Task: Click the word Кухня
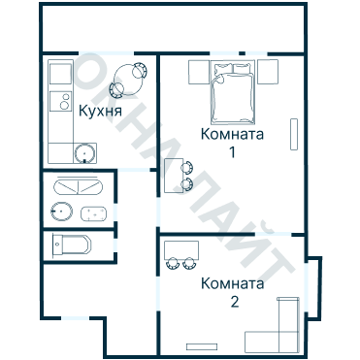(x=101, y=111)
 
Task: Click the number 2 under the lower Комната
(x=234, y=302)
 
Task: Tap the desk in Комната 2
(x=181, y=248)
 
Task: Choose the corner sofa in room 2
(x=278, y=326)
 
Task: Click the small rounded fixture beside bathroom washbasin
(x=94, y=213)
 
